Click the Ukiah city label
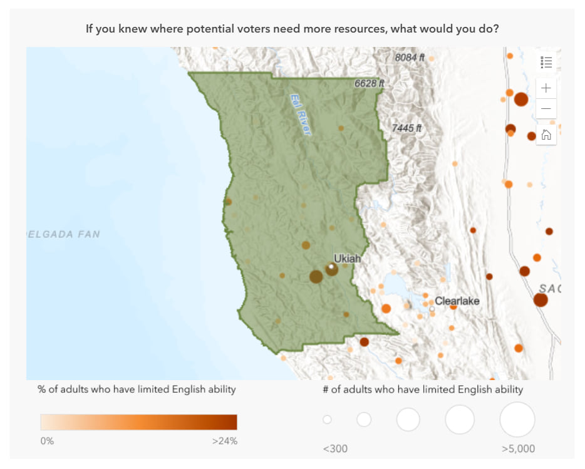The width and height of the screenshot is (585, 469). (x=347, y=258)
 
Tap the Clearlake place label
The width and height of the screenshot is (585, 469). (x=457, y=301)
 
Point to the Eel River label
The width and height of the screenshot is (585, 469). (x=300, y=115)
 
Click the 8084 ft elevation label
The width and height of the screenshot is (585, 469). (x=410, y=58)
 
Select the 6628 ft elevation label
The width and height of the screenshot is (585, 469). (x=369, y=83)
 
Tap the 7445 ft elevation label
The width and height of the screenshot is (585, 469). (x=407, y=128)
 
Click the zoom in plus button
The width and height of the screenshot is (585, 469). (x=546, y=88)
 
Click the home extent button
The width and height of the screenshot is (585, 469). (x=546, y=135)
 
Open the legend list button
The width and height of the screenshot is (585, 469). (x=546, y=62)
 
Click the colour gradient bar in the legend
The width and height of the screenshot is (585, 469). (x=138, y=421)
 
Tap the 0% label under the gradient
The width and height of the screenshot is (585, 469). (x=47, y=441)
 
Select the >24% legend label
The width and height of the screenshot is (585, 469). (x=225, y=441)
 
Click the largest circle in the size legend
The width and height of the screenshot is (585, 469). (x=517, y=420)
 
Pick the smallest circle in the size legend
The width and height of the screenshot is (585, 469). (x=327, y=420)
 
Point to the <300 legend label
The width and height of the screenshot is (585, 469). (x=335, y=448)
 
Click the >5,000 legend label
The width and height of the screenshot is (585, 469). (x=518, y=448)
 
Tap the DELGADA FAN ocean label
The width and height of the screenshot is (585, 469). (x=63, y=234)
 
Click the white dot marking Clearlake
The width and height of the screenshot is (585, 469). (x=432, y=309)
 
